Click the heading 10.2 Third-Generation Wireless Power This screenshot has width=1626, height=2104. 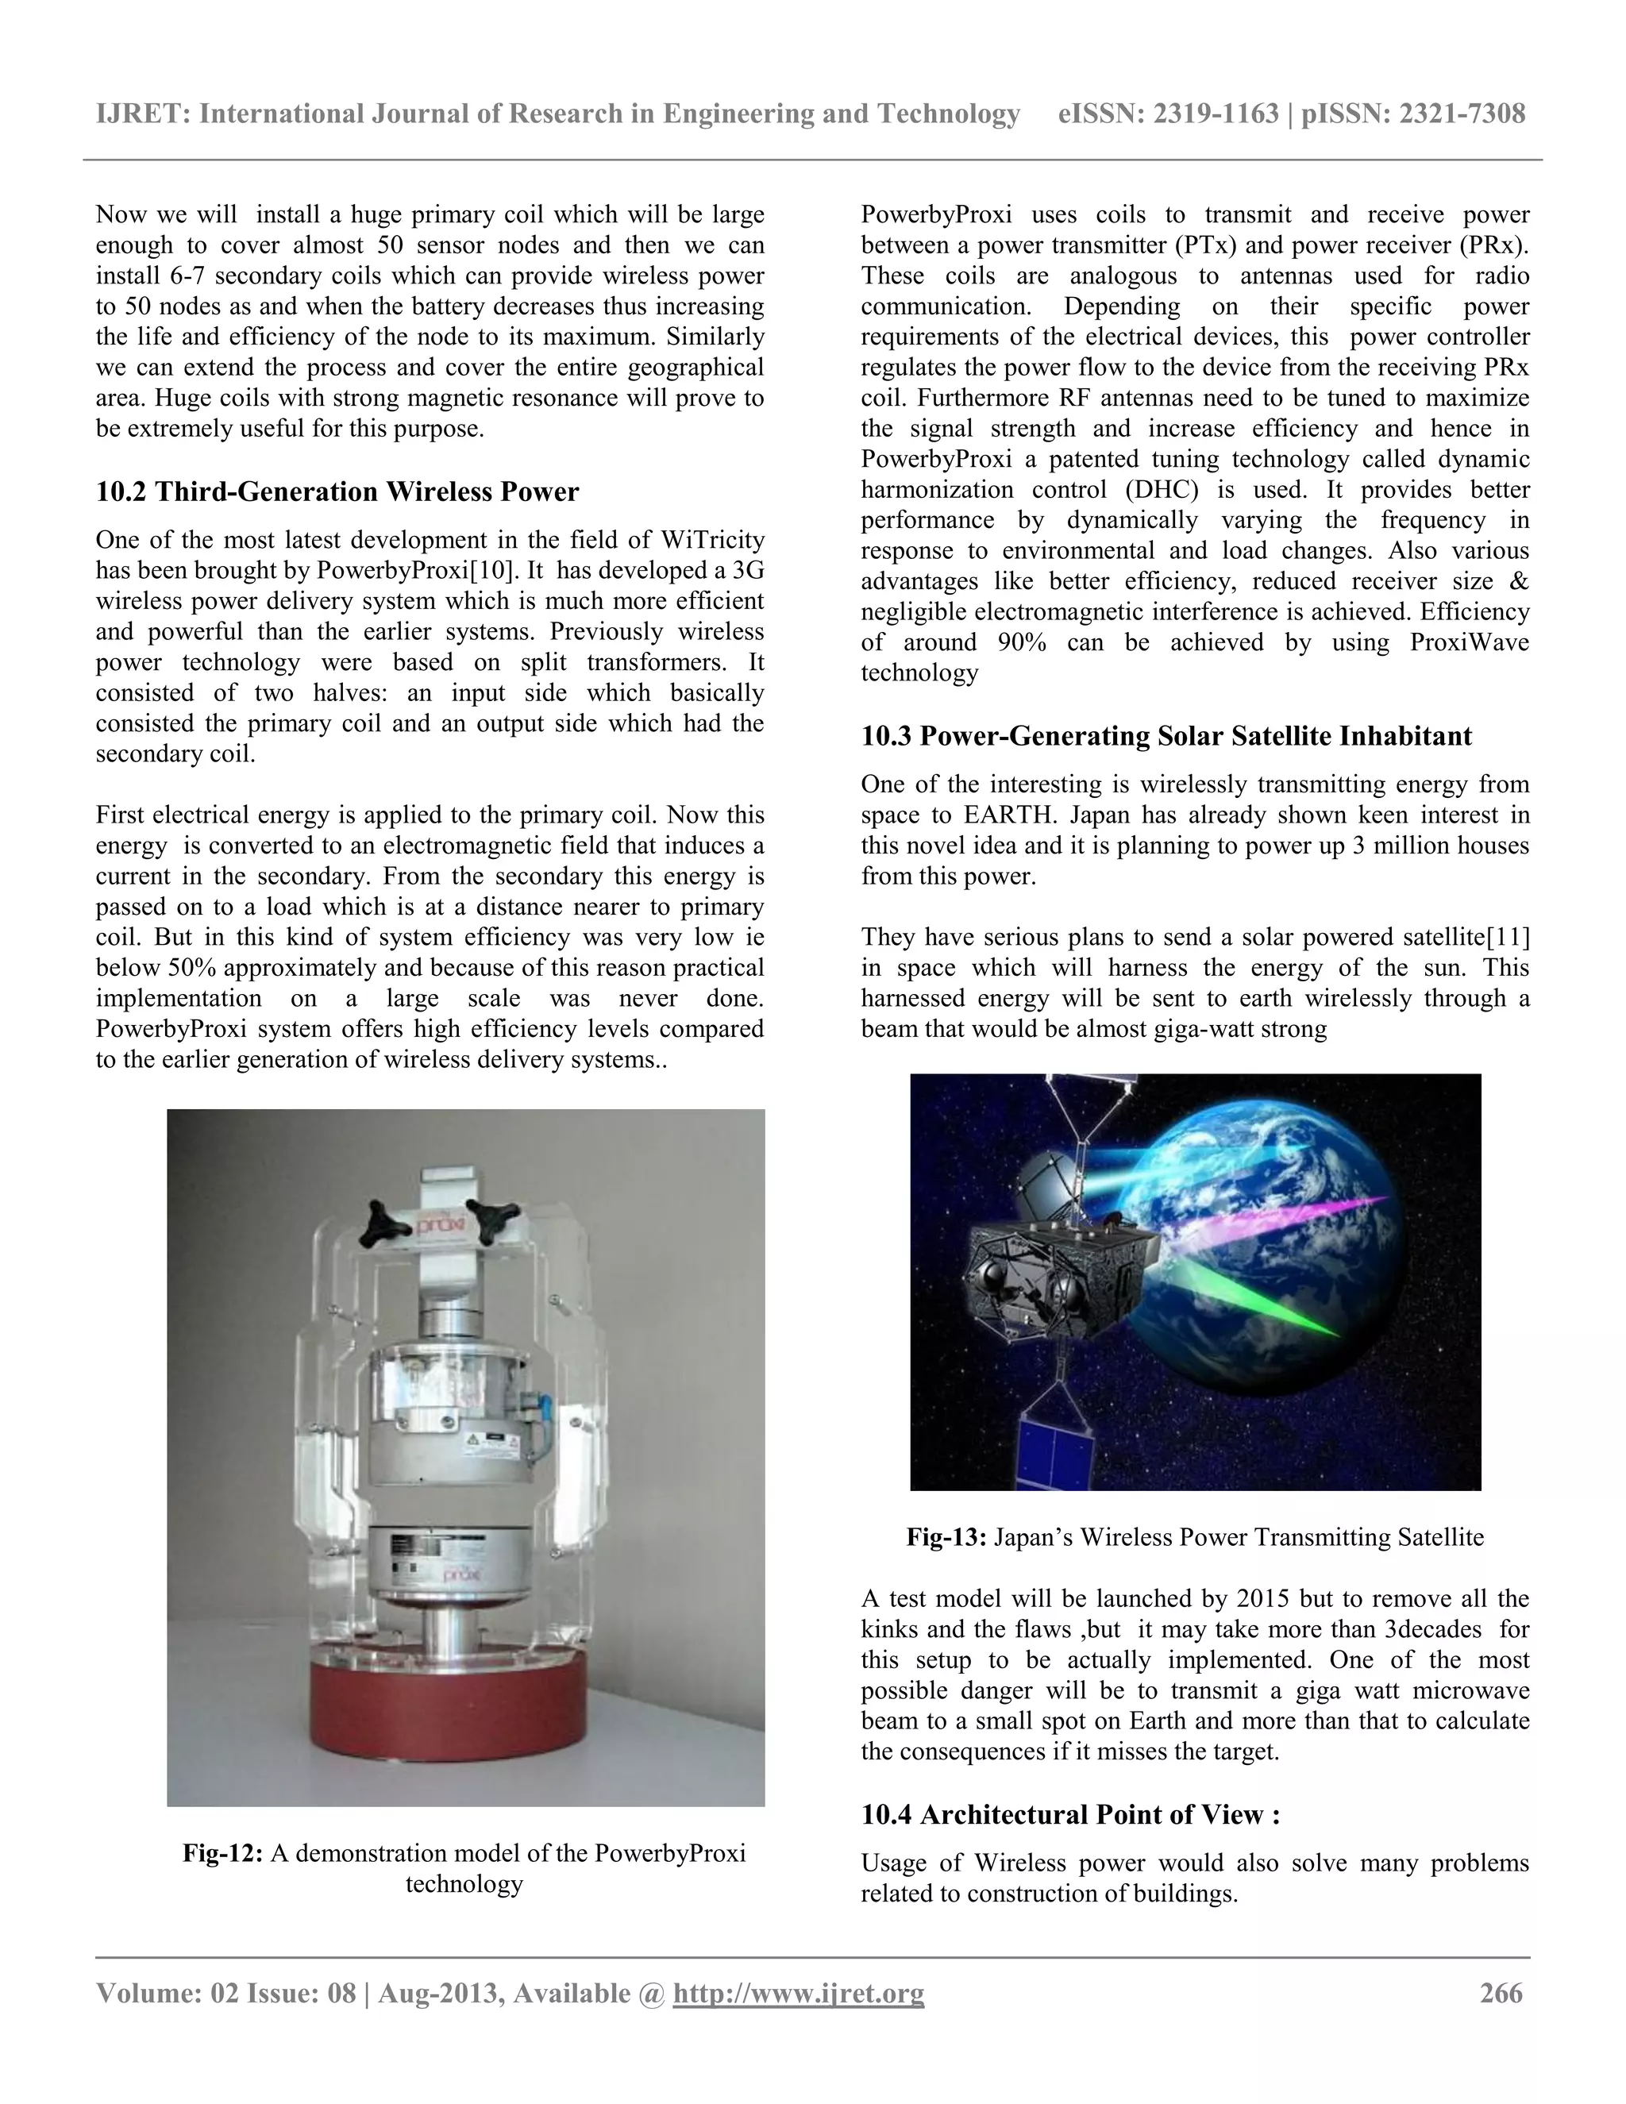(x=337, y=492)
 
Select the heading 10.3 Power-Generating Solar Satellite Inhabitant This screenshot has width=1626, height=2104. (x=1166, y=737)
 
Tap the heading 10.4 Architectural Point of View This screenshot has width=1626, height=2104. (x=1070, y=1815)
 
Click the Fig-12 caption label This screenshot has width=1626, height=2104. (x=222, y=1854)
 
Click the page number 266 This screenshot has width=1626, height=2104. (x=1501, y=1993)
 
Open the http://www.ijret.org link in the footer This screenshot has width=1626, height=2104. (x=799, y=1993)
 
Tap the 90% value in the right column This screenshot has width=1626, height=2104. (x=1022, y=642)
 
